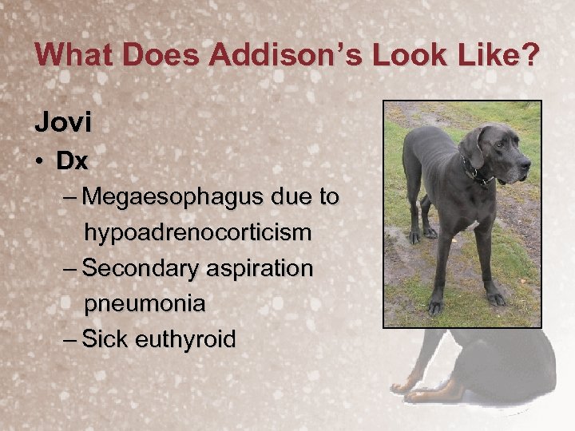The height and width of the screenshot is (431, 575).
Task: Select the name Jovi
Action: point(63,122)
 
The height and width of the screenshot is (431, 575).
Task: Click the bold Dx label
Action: point(72,161)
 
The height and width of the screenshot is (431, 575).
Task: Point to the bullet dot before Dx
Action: point(40,162)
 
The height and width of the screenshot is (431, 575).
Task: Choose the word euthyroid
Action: point(186,339)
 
